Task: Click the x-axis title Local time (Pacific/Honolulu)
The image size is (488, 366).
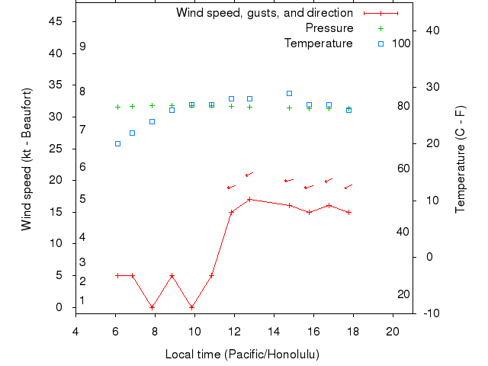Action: click(x=242, y=355)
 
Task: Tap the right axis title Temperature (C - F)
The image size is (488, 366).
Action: click(x=460, y=159)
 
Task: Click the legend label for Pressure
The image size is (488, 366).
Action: click(x=329, y=28)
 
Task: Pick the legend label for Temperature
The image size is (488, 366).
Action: click(x=319, y=43)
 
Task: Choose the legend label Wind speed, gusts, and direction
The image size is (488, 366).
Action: click(x=265, y=13)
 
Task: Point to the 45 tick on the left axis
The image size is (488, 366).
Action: click(x=56, y=21)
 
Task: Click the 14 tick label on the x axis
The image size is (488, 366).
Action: click(x=274, y=330)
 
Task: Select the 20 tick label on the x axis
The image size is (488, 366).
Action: click(x=393, y=330)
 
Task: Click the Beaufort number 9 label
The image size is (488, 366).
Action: click(x=82, y=47)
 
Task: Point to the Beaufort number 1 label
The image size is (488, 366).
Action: click(x=82, y=300)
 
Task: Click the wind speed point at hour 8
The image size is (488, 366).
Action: click(x=152, y=307)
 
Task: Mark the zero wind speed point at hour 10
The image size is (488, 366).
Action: click(x=191, y=307)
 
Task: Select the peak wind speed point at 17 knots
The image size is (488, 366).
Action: click(x=249, y=199)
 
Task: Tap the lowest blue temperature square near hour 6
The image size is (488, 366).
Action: click(x=117, y=143)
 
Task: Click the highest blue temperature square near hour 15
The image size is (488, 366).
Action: click(x=289, y=93)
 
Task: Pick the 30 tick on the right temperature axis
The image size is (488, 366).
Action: click(x=431, y=87)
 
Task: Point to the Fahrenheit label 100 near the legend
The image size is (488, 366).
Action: click(x=401, y=43)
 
